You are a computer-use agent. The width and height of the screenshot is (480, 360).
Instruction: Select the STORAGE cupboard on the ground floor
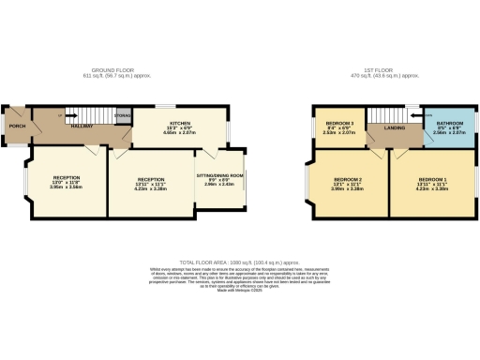[122, 116]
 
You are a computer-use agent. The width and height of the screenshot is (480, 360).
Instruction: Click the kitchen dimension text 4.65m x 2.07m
[180, 134]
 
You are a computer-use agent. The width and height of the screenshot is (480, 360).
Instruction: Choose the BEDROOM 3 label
[338, 123]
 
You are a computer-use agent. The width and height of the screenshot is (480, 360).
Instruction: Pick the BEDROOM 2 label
[348, 178]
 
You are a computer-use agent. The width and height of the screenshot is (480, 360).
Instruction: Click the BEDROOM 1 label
[432, 178]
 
